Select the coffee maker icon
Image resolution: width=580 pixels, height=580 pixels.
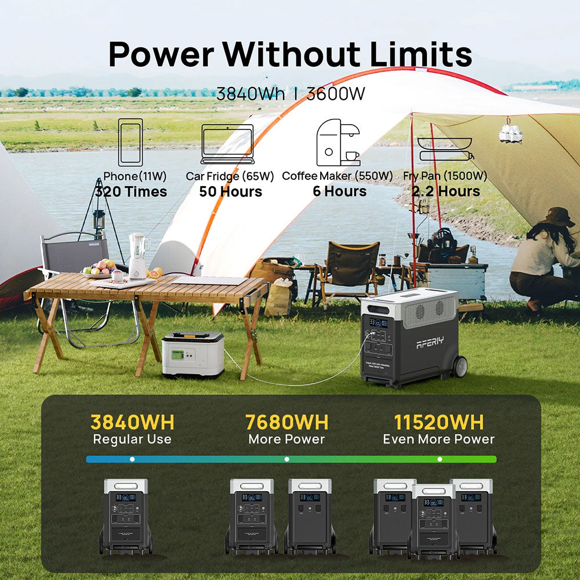[336, 142]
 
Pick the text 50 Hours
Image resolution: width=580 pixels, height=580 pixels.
[230, 191]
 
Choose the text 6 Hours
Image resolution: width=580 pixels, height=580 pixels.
[339, 191]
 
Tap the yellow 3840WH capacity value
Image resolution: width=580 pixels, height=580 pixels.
[132, 422]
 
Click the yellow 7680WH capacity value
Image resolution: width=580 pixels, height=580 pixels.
[287, 422]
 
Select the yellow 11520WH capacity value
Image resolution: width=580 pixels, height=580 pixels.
[438, 422]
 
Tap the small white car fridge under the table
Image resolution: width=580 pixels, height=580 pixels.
[193, 354]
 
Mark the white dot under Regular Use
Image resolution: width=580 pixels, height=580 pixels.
[132, 459]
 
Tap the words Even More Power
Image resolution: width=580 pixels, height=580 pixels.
[438, 439]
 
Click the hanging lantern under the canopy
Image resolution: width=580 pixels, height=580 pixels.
[510, 132]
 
